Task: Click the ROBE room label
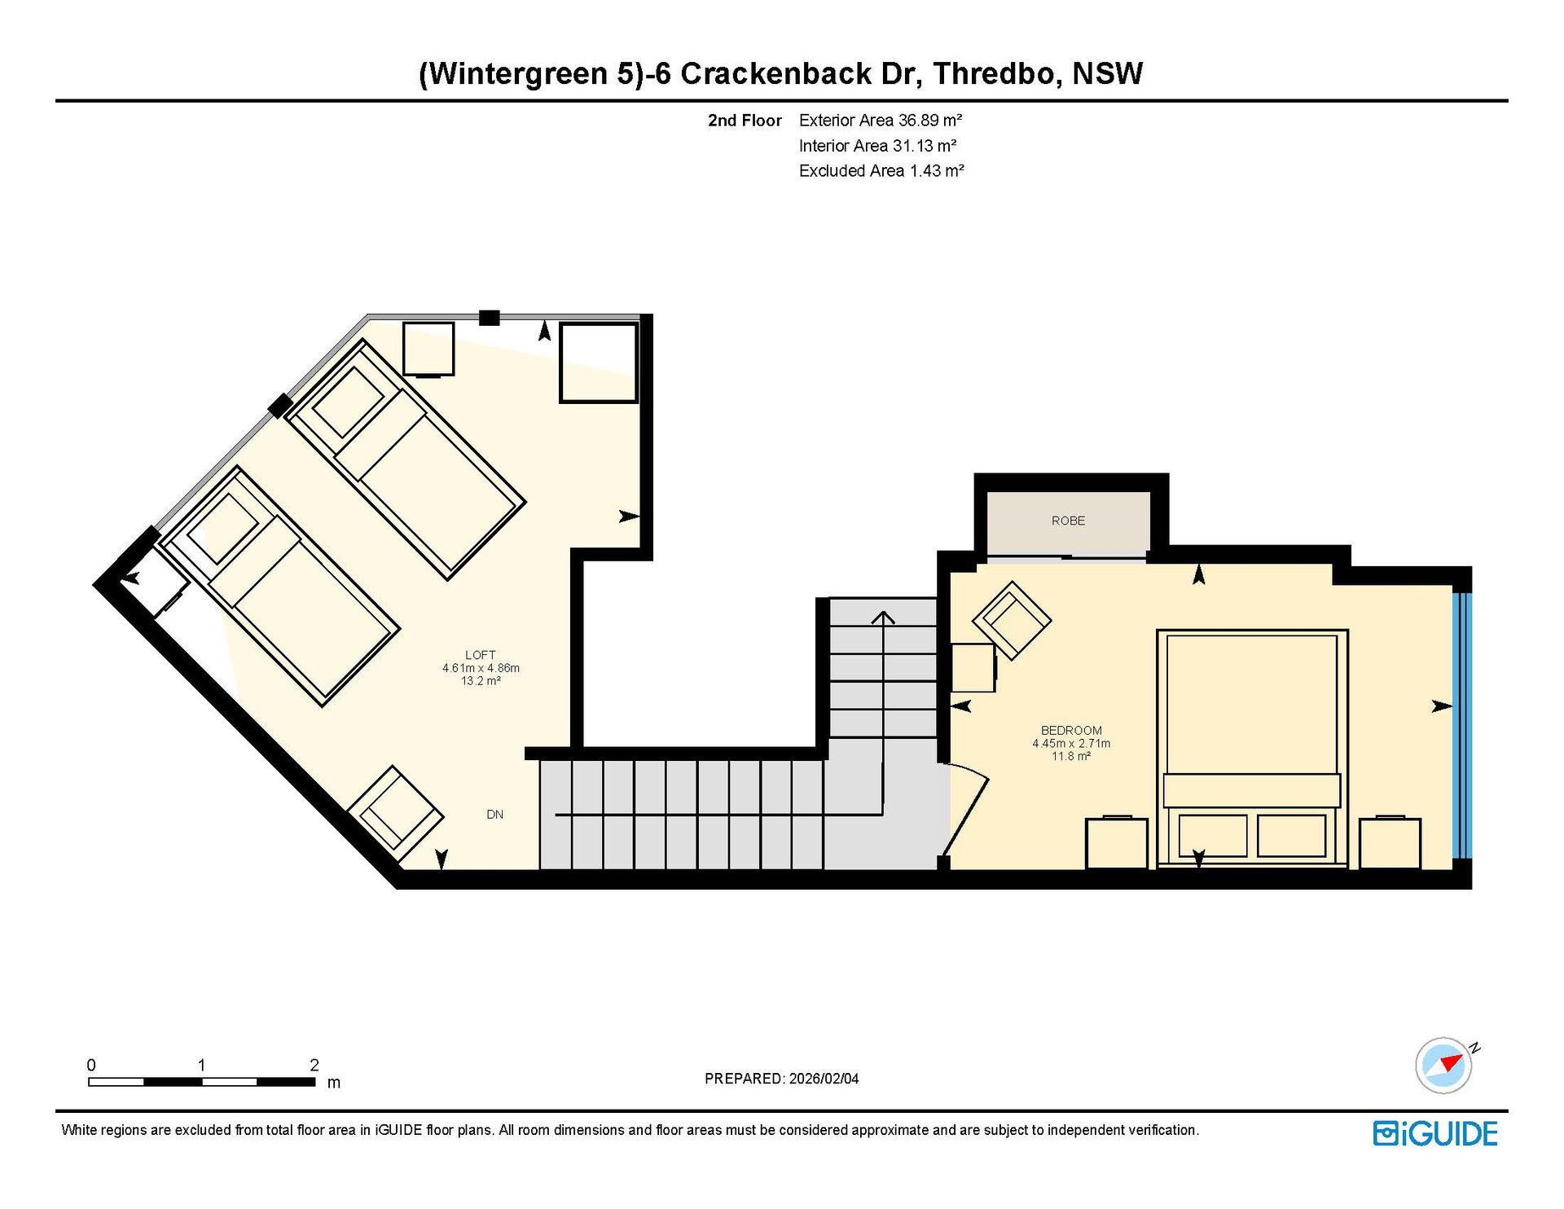[1068, 521]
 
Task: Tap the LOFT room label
[481, 655]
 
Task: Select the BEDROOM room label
[1071, 731]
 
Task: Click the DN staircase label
[494, 815]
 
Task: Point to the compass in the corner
[1443, 1065]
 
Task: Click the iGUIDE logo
[1435, 1134]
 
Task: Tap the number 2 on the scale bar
[314, 1065]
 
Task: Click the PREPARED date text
[781, 1079]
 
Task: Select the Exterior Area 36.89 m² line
[881, 121]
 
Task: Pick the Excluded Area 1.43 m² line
[881, 171]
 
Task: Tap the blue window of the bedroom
[1463, 725]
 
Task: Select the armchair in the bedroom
[1012, 620]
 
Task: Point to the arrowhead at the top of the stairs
[883, 617]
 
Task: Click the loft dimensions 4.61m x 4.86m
[481, 668]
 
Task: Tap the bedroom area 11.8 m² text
[1071, 756]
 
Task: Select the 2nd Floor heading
[745, 121]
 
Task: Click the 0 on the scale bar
[91, 1065]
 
